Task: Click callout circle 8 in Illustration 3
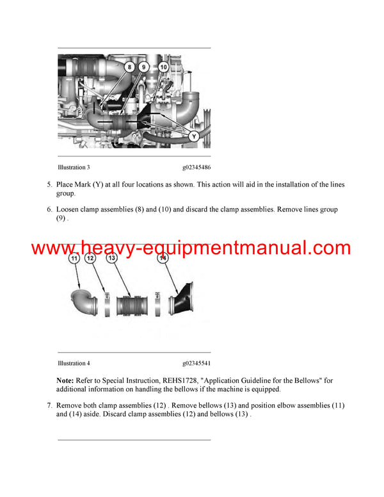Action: (129, 67)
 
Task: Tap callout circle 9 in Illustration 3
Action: (143, 67)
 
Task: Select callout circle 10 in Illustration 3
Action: (163, 67)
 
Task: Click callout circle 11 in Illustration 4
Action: (74, 258)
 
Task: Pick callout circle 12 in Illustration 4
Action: (90, 258)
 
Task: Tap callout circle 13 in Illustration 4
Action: (111, 258)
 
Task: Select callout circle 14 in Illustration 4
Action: (163, 258)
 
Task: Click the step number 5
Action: (49, 185)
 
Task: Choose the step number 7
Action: (49, 405)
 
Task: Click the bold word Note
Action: (65, 380)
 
